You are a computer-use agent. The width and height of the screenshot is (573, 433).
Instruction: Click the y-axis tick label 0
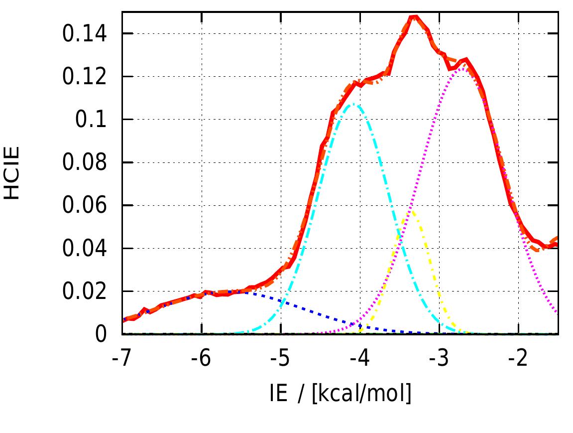102,334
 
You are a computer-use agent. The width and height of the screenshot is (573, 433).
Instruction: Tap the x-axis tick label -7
122,358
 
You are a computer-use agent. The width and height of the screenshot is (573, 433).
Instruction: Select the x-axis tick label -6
201,358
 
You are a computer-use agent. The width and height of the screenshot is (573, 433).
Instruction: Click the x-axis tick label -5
281,358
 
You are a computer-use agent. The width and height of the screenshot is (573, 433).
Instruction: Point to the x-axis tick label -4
360,358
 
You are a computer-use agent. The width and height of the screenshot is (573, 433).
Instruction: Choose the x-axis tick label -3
439,358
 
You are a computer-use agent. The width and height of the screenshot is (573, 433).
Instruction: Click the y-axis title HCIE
12,173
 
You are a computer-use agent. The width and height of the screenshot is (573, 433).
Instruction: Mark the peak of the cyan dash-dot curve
354,104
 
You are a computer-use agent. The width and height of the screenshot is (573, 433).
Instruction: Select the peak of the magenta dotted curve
462,68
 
